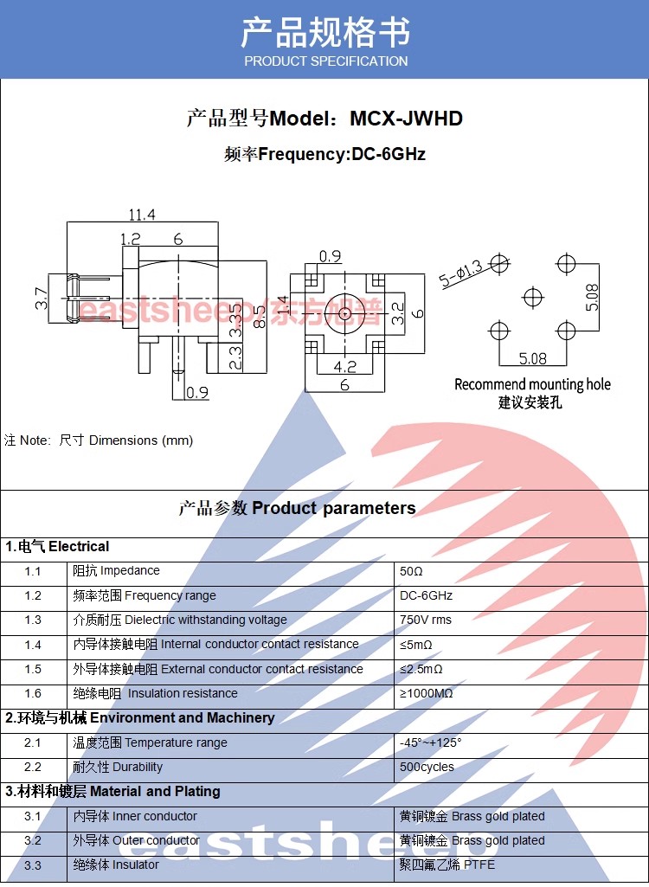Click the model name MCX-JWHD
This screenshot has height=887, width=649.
406,119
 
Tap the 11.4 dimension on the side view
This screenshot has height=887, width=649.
142,215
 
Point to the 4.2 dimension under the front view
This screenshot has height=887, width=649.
344,367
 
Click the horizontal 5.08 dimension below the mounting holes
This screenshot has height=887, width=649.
532,357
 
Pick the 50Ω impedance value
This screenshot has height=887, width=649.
411,572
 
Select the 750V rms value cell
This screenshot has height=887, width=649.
426,620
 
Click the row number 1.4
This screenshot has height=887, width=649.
33,645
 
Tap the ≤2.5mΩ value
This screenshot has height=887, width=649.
421,670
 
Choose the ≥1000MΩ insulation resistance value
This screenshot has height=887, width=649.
427,694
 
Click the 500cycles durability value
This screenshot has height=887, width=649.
427,768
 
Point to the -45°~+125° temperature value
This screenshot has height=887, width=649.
431,743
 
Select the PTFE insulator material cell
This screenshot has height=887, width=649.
447,865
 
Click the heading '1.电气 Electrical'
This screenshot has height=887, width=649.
57,547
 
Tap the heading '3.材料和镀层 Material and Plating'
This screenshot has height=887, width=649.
112,792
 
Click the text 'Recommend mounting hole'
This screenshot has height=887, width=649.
532,384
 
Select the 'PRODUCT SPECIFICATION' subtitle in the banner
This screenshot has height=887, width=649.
325,61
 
